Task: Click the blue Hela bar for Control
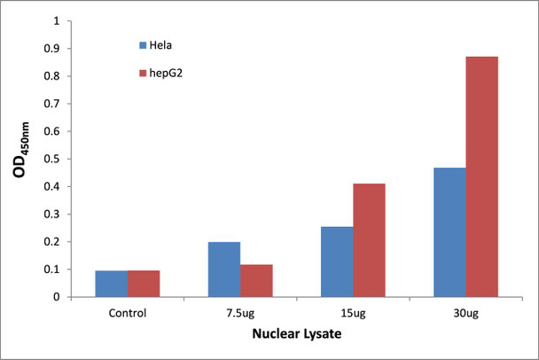pos(111,284)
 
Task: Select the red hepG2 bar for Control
pos(143,284)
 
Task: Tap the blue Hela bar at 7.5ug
pos(223,270)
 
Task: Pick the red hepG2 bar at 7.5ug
pos(255,280)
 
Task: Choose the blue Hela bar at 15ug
pos(337,262)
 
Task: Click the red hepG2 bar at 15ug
pos(369,240)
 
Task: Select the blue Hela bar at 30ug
pos(449,232)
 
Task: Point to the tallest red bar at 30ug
pos(482,176)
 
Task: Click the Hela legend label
pos(162,43)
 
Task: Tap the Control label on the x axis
pos(127,312)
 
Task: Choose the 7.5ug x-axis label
pos(239,312)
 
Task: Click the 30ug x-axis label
pos(465,312)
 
